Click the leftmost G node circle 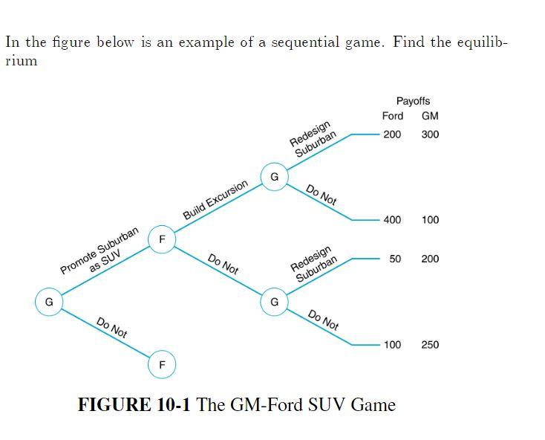pyautogui.click(x=49, y=302)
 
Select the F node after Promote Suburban pyautogui.click(x=162, y=239)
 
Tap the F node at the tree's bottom pyautogui.click(x=162, y=365)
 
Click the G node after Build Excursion pyautogui.click(x=274, y=177)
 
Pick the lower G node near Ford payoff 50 pyautogui.click(x=274, y=302)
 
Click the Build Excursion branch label pyautogui.click(x=215, y=199)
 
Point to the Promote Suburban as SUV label pyautogui.click(x=101, y=253)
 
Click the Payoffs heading pyautogui.click(x=413, y=100)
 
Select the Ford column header pyautogui.click(x=393, y=116)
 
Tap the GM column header pyautogui.click(x=430, y=116)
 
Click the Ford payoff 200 pyautogui.click(x=392, y=135)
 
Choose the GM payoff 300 pyautogui.click(x=430, y=135)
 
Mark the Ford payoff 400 pyautogui.click(x=392, y=220)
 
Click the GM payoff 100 pyautogui.click(x=430, y=220)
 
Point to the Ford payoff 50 pyautogui.click(x=395, y=259)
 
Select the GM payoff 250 pyautogui.click(x=430, y=345)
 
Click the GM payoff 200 pyautogui.click(x=430, y=259)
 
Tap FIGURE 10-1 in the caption pyautogui.click(x=134, y=405)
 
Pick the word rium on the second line pyautogui.click(x=21, y=61)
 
